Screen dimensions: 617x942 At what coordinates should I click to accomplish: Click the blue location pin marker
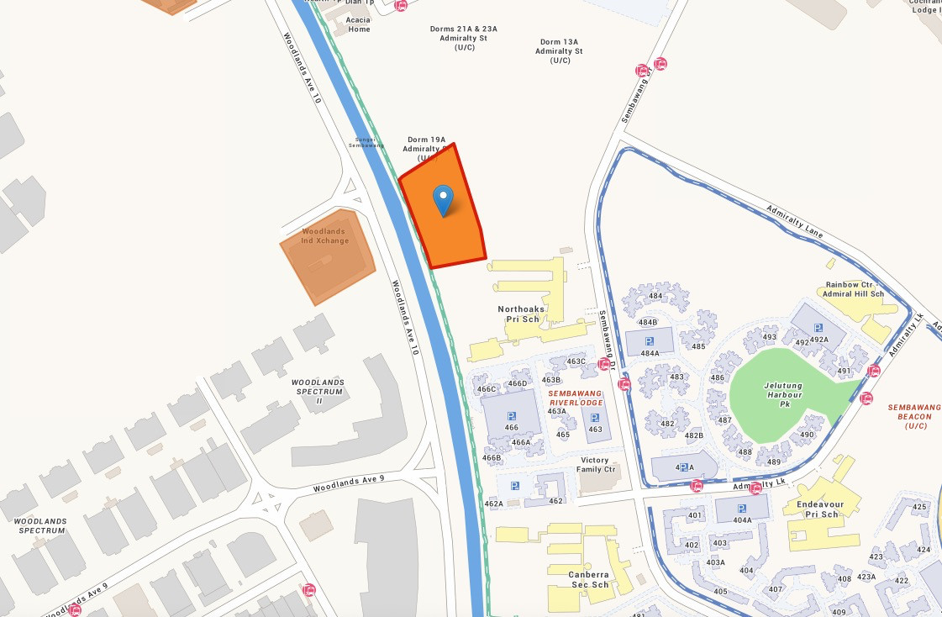[443, 200]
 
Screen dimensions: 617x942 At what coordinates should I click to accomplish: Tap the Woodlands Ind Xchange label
[324, 236]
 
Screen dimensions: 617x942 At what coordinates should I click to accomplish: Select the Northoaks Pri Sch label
[521, 314]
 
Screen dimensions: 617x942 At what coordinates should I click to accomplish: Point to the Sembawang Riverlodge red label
[576, 398]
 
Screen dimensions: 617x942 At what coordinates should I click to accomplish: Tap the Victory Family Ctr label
[600, 465]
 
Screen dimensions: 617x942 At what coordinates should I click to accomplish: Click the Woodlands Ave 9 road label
[348, 483]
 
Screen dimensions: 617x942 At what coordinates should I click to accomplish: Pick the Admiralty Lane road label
[795, 221]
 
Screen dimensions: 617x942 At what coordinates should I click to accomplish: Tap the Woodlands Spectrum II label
[318, 392]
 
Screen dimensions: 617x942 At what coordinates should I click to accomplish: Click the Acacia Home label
[359, 24]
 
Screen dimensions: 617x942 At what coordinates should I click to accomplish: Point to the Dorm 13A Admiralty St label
[559, 51]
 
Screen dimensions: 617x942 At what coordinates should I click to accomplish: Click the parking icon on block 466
[511, 417]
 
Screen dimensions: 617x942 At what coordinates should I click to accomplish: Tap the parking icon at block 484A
[649, 341]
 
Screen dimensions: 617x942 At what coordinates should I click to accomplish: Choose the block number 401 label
[694, 515]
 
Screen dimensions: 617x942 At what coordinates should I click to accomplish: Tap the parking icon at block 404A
[741, 509]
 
